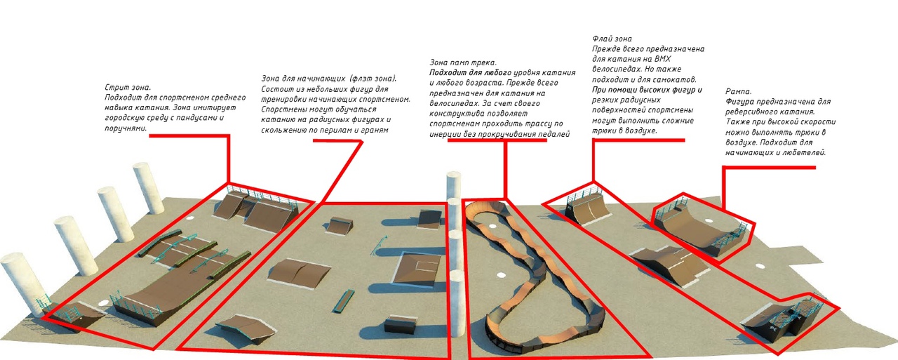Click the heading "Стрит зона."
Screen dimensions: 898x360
pyautogui.click(x=128, y=88)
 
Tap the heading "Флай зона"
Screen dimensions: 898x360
pyautogui.click(x=612, y=39)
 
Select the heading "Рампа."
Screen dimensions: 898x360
pyautogui.click(x=739, y=91)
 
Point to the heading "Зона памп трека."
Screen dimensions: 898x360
pyautogui.click(x=463, y=62)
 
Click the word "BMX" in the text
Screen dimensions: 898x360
pyautogui.click(x=662, y=59)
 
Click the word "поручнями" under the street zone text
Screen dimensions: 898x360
pyautogui.click(x=126, y=128)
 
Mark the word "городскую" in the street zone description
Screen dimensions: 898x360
pyautogui.click(x=125, y=118)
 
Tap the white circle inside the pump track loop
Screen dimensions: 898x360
pyautogui.click(x=501, y=274)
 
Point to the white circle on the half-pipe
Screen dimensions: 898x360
pyautogui.click(x=709, y=220)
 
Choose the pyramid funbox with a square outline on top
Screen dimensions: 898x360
pyautogui.click(x=417, y=269)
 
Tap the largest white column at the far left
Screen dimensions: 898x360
pyautogui.click(x=23, y=284)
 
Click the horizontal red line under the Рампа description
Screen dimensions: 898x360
pyautogui.click(x=770, y=167)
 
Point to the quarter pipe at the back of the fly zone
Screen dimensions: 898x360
pyautogui.click(x=587, y=208)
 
